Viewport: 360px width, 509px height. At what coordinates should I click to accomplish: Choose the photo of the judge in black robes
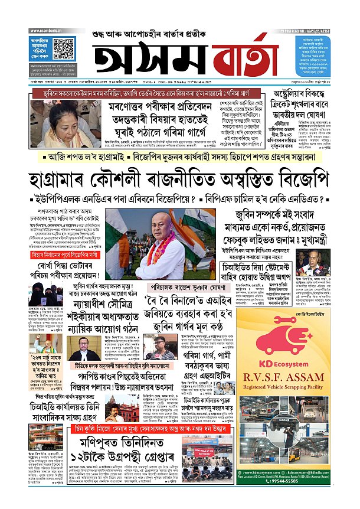click(x=83, y=348)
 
